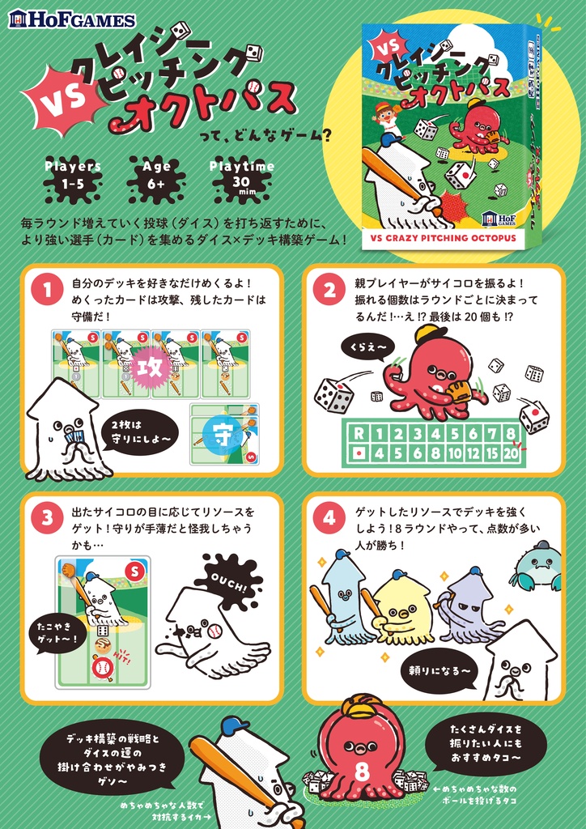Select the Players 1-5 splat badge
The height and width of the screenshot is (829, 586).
click(73, 176)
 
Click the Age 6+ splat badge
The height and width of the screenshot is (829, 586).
click(156, 176)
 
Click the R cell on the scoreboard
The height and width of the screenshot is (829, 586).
click(357, 434)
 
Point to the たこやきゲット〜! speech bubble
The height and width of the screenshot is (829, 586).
click(57, 628)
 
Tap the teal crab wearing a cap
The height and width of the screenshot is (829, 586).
click(537, 567)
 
